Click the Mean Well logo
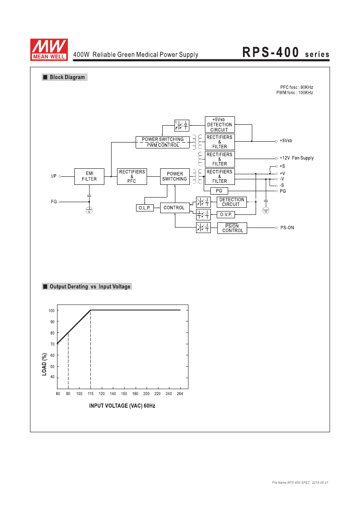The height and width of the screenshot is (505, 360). pyautogui.click(x=49, y=49)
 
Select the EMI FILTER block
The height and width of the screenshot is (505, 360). pyautogui.click(x=89, y=176)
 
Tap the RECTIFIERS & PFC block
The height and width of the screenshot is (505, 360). pyautogui.click(x=132, y=176)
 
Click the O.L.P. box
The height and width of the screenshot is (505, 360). pyautogui.click(x=145, y=208)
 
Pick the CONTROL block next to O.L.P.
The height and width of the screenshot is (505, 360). pyautogui.click(x=175, y=208)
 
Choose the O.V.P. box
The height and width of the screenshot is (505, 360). pyautogui.click(x=226, y=214)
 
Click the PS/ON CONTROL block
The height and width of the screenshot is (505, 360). pyautogui.click(x=232, y=228)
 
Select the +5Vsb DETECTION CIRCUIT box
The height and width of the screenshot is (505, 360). pyautogui.click(x=220, y=124)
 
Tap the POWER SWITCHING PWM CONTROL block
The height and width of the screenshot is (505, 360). pyautogui.click(x=163, y=142)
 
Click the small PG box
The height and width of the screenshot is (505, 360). pyautogui.click(x=219, y=191)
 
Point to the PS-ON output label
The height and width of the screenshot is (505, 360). pyautogui.click(x=287, y=228)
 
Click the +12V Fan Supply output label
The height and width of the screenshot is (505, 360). pyautogui.click(x=297, y=158)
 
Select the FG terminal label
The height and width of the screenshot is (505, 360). pyautogui.click(x=54, y=202)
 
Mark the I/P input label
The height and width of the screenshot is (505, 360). pyautogui.click(x=54, y=176)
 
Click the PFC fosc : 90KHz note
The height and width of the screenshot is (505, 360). pyautogui.click(x=296, y=87)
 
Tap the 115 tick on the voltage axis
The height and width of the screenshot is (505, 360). pyautogui.click(x=90, y=394)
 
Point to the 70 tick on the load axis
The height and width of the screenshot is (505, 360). pyautogui.click(x=52, y=344)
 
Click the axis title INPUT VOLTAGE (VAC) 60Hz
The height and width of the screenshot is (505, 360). pyautogui.click(x=122, y=406)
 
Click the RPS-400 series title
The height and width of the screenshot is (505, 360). pyautogui.click(x=286, y=52)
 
